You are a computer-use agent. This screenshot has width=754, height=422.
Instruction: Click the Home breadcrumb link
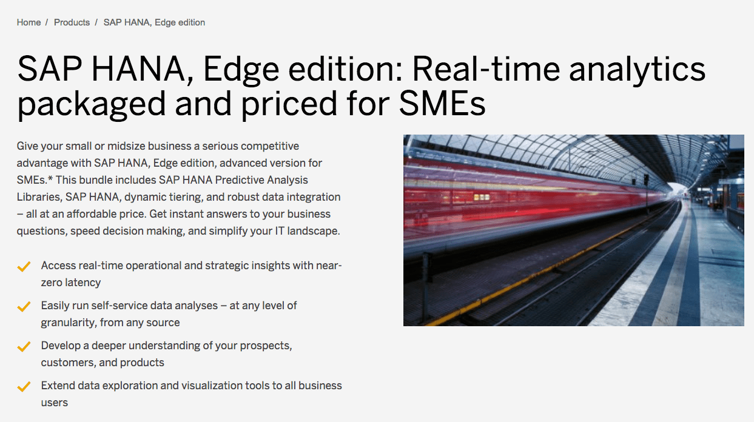(29, 22)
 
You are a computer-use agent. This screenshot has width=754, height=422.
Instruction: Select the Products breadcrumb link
(72, 22)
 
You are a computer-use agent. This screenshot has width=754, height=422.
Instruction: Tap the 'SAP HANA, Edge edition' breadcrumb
(154, 22)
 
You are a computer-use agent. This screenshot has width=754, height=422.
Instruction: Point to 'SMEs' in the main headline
(442, 103)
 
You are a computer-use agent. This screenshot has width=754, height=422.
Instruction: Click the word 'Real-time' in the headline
(486, 69)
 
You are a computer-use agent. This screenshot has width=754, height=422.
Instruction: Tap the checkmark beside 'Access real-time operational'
(24, 267)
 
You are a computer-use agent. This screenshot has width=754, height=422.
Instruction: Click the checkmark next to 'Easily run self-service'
(24, 307)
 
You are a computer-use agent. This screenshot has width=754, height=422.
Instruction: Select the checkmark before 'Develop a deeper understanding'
(24, 347)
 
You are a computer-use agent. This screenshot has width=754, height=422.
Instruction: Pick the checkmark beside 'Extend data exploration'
(24, 387)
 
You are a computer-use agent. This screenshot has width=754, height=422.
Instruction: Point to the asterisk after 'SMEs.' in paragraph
(50, 179)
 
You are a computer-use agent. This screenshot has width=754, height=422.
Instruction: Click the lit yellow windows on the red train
(482, 197)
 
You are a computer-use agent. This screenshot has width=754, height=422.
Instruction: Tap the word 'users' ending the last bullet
(55, 403)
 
